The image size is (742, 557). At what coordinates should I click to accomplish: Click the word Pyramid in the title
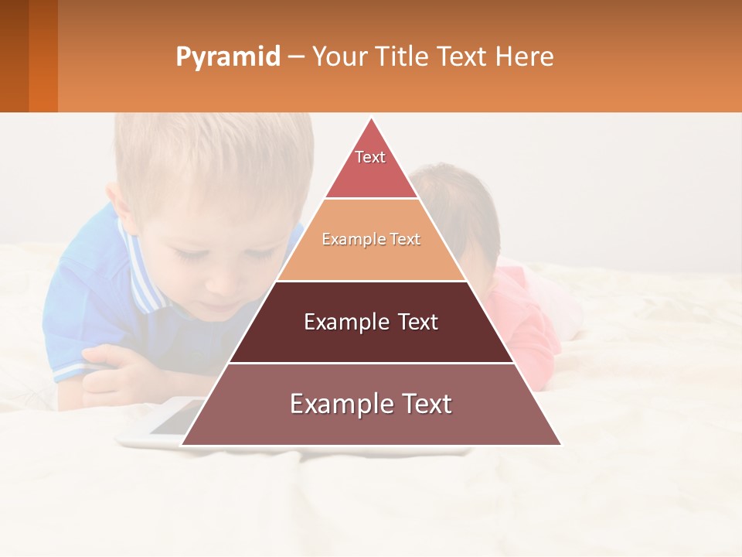click(x=227, y=57)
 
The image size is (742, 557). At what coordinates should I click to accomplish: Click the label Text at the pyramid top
click(x=370, y=157)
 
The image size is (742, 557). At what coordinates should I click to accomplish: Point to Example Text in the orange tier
click(x=371, y=239)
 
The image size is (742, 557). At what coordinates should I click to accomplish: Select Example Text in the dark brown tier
click(x=371, y=322)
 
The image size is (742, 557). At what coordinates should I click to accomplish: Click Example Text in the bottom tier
click(x=371, y=404)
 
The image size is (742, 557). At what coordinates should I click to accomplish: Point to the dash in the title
click(x=296, y=57)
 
